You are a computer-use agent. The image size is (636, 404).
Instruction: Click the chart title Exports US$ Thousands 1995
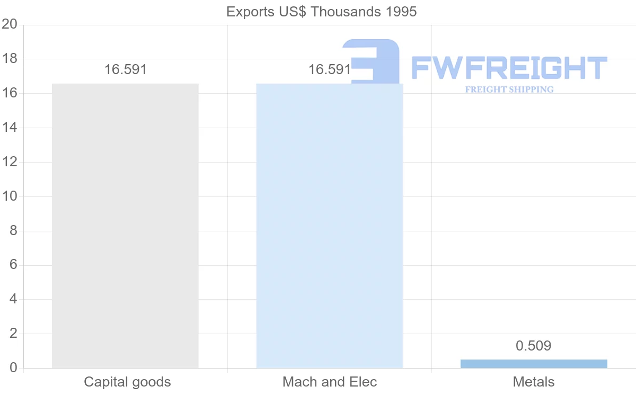point(321,12)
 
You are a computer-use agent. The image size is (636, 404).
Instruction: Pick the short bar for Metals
point(534,364)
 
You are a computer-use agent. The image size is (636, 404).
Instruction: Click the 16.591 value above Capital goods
point(125,69)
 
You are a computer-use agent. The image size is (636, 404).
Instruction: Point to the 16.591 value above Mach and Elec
point(329,69)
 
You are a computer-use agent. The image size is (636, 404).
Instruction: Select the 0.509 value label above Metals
point(534,346)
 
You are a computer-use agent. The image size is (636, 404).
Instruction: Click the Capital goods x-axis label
point(127,382)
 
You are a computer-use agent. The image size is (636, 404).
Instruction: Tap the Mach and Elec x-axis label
point(330,382)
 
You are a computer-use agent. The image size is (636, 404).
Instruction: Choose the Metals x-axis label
point(534,382)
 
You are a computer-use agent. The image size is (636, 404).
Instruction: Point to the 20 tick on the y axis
point(10,24)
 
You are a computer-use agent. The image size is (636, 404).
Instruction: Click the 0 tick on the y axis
point(13,368)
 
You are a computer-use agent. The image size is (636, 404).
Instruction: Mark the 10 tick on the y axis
point(10,196)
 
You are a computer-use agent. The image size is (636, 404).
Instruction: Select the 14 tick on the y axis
point(10,128)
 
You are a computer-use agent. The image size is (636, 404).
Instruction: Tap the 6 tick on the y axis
point(13,265)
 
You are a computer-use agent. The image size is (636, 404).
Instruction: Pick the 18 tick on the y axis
point(10,59)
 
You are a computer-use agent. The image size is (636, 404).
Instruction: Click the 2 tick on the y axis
point(13,334)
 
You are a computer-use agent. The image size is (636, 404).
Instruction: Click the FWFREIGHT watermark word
point(509,68)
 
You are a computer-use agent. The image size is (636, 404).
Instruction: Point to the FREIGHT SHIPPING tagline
point(509,89)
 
